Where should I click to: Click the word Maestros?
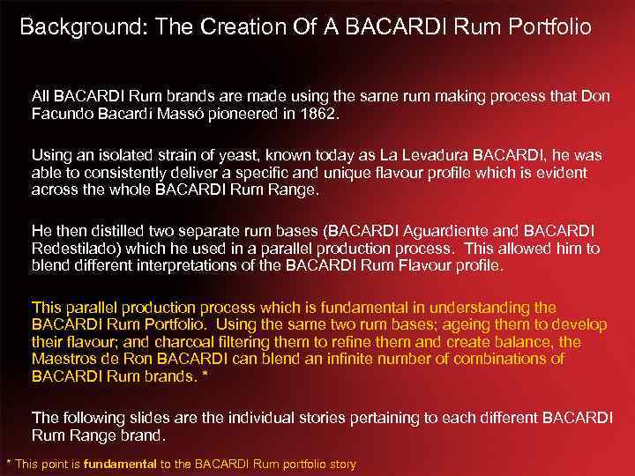67,359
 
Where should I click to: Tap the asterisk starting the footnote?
9,464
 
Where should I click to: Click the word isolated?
122,155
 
